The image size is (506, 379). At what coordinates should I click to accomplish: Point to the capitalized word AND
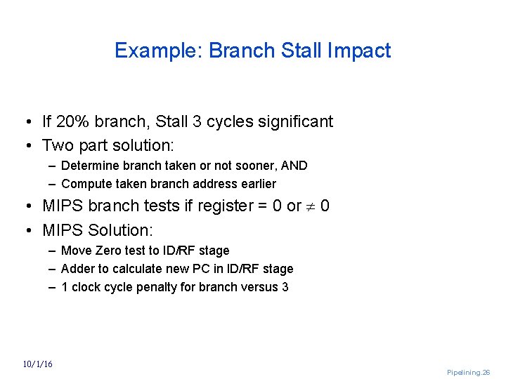(x=294, y=166)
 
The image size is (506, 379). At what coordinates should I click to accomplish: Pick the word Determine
(x=88, y=166)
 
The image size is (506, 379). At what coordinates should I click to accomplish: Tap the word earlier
(x=257, y=184)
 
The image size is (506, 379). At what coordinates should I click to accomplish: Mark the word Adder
(x=77, y=269)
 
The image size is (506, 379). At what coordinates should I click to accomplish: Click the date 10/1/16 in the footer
(x=37, y=364)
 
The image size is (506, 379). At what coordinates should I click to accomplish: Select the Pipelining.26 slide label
(x=468, y=373)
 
